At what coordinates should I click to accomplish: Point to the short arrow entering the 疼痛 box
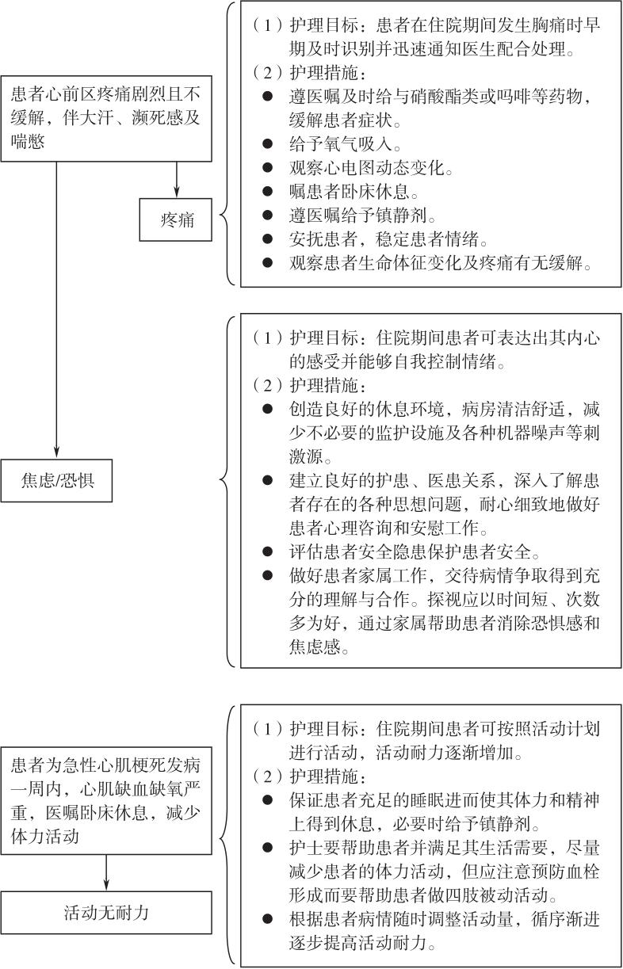[x=177, y=180]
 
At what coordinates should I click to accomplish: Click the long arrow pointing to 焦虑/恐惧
[x=56, y=310]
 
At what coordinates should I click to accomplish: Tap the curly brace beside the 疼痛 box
[x=227, y=143]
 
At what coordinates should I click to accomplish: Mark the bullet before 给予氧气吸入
[x=267, y=143]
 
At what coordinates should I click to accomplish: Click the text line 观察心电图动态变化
[x=371, y=167]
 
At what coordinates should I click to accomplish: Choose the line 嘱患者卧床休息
[x=354, y=191]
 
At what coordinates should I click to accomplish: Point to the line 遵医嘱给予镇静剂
[x=362, y=215]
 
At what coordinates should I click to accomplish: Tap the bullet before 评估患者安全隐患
[x=267, y=551]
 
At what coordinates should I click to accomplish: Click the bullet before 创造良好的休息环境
[x=267, y=408]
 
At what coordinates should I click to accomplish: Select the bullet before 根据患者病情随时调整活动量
[x=267, y=919]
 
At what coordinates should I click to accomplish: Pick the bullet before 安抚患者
[x=267, y=238]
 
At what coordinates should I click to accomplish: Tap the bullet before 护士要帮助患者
[x=267, y=848]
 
